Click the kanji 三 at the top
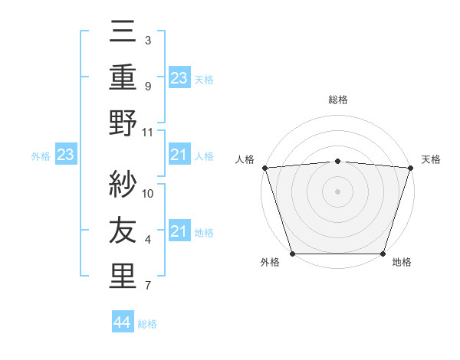coord(123,32)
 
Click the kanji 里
coord(123,277)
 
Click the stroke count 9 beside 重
coord(148,86)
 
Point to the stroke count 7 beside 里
coord(148,286)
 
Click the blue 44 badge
coord(123,322)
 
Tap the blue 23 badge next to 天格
coord(179,78)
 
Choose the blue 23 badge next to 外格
coord(65,155)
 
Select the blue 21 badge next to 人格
coord(179,155)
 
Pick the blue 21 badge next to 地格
coord(179,232)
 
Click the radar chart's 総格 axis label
coord(337,100)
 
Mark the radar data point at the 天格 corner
coord(411,167)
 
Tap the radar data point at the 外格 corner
coord(292,254)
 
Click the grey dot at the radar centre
coord(337,191)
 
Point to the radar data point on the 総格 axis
coord(337,161)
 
